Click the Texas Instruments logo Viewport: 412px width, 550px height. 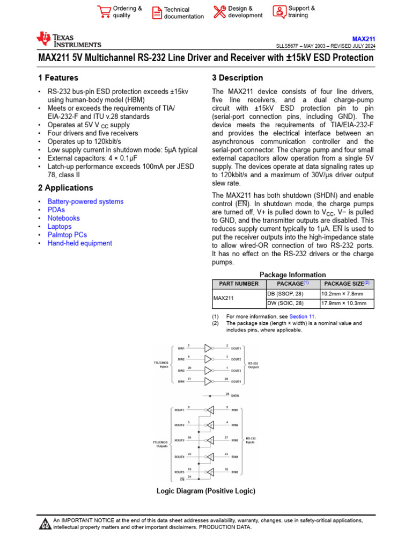click(68, 40)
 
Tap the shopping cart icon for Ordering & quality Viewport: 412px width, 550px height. click(103, 12)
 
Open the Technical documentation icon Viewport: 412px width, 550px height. click(157, 13)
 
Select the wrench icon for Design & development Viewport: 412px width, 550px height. click(219, 12)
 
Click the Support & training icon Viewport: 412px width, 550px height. click(279, 12)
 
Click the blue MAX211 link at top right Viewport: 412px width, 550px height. click(363, 39)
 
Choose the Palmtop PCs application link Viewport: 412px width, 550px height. click(67, 235)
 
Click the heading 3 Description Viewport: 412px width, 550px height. click(238, 78)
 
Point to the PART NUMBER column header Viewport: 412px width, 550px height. click(236, 284)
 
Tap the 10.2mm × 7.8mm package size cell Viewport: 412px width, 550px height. click(342, 294)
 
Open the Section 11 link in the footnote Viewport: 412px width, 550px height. click(302, 317)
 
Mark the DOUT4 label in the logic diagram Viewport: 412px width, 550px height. click(236, 382)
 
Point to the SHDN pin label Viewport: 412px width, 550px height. click(235, 395)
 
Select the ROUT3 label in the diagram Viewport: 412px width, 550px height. click(179, 440)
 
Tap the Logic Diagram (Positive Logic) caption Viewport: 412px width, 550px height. click(205, 491)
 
